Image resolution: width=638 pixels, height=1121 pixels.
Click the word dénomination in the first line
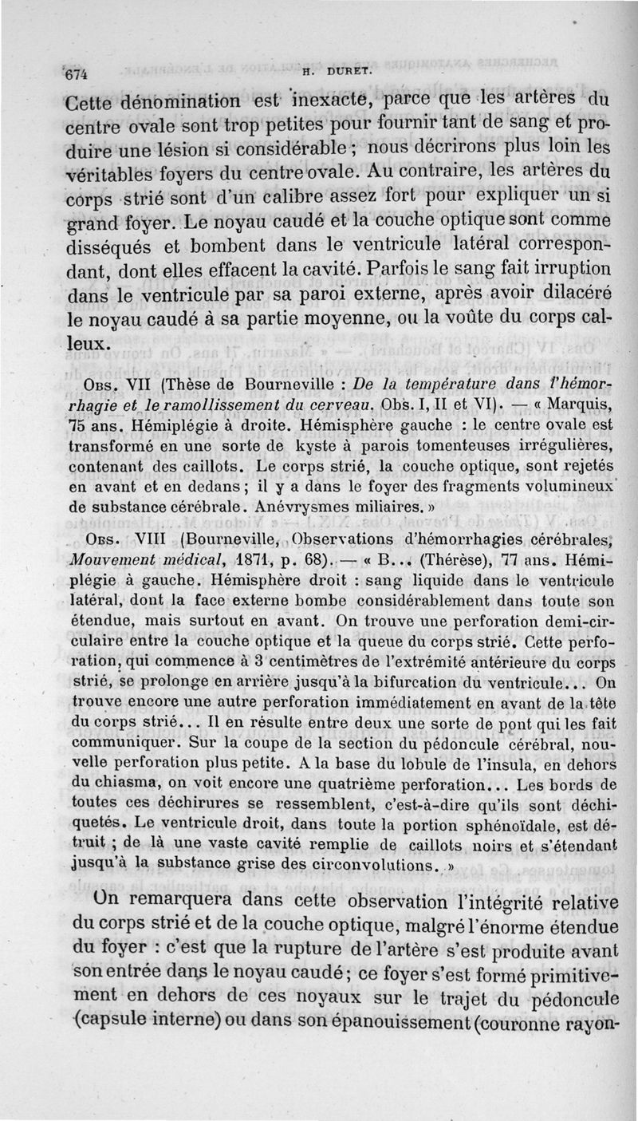[x=169, y=102]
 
